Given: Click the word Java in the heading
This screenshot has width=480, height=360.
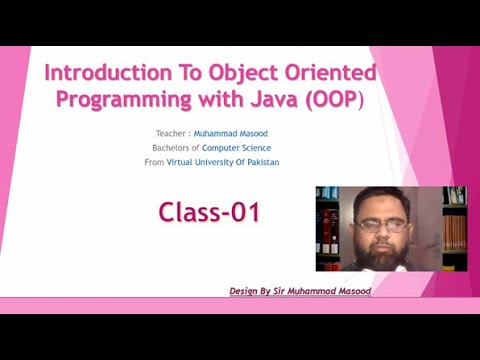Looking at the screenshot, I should tap(273, 100).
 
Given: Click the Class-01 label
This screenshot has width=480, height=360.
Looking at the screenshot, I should tap(209, 211).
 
